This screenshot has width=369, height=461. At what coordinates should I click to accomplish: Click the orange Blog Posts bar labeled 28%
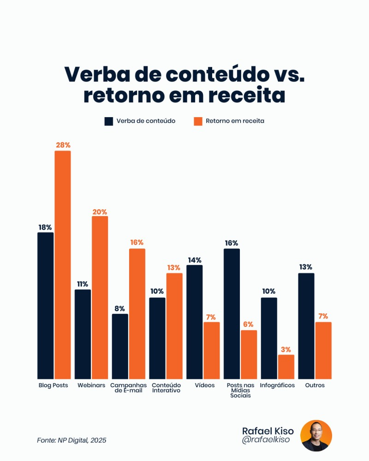click(63, 265)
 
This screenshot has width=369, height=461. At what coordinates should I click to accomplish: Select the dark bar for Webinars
click(83, 334)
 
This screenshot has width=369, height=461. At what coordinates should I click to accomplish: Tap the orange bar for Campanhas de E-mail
click(137, 313)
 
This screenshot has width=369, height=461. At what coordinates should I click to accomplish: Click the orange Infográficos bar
click(286, 366)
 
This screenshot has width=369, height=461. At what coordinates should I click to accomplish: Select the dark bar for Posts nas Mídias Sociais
click(232, 313)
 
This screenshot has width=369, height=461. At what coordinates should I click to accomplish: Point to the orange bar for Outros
click(323, 350)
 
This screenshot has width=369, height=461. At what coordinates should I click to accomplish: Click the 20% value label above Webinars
click(100, 212)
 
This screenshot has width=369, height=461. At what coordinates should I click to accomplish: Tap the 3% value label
click(286, 350)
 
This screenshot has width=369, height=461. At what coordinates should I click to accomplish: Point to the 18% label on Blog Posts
click(45, 228)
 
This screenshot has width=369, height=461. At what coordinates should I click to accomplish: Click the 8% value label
click(120, 309)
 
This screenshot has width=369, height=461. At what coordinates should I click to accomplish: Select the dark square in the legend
click(108, 121)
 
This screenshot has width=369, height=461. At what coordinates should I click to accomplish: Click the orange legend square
click(198, 121)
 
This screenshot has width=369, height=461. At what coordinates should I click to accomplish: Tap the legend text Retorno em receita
click(235, 121)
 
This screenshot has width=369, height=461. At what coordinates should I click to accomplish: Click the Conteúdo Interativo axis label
click(166, 388)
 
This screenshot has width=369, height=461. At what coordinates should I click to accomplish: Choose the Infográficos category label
click(277, 385)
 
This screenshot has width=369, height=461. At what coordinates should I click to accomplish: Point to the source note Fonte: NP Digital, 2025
click(71, 440)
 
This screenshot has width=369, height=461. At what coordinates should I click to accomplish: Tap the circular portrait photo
click(316, 436)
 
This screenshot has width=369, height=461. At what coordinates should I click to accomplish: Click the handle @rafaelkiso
click(266, 441)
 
